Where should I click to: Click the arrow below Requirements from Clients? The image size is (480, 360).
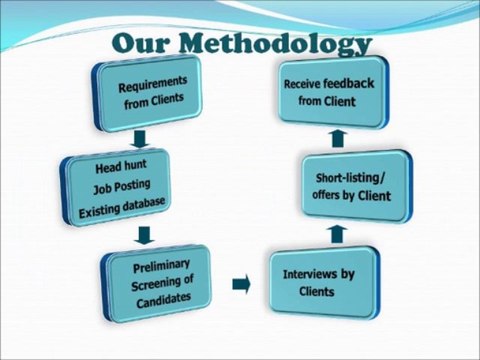139,136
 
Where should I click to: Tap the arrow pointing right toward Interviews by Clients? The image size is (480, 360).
240,285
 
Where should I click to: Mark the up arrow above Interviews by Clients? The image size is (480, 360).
337,233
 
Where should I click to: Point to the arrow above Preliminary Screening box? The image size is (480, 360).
144,236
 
